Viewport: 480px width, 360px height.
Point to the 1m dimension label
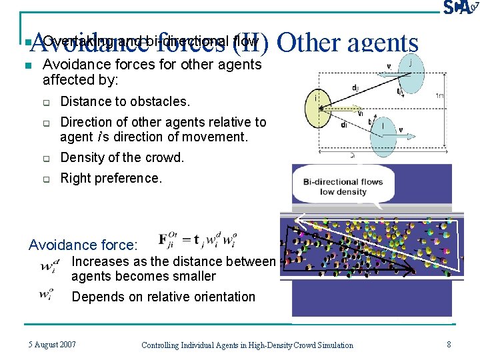[439, 96]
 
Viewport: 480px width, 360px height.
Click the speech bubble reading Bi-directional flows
[343, 187]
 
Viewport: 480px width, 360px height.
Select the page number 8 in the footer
[449, 345]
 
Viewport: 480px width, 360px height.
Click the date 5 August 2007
[52, 345]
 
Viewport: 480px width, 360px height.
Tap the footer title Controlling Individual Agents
[247, 345]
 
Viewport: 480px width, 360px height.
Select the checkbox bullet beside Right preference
[47, 179]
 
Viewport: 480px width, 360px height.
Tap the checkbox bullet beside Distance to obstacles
[47, 102]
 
